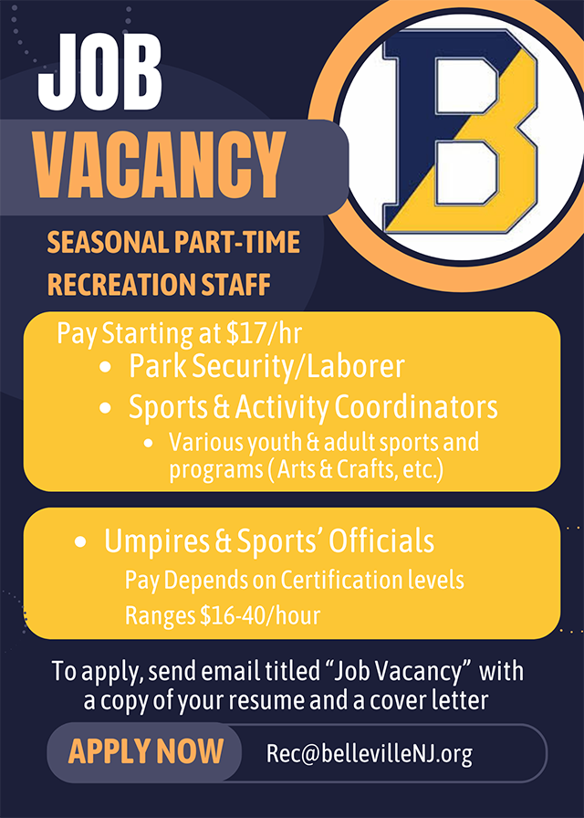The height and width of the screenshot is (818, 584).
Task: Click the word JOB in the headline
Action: [100, 72]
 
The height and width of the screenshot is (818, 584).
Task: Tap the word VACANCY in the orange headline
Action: [160, 166]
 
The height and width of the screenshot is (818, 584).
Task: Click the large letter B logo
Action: [461, 131]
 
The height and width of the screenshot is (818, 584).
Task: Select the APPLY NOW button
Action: [145, 751]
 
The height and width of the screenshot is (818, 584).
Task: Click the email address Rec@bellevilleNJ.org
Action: [370, 753]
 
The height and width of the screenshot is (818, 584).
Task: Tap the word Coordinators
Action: [416, 407]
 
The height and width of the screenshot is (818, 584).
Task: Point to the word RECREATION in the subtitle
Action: [110, 285]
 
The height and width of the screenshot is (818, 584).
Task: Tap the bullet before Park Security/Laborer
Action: [105, 368]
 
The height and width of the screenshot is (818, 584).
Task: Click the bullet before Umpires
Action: [80, 542]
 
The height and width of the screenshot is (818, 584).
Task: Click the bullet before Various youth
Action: [149, 444]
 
